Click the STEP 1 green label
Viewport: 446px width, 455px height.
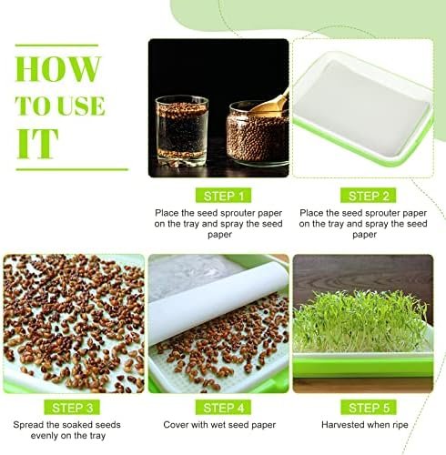(x=223, y=196)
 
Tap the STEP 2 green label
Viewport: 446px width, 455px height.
(x=368, y=196)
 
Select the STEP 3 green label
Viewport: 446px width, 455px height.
(x=72, y=408)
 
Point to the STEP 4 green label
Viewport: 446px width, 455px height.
(x=223, y=408)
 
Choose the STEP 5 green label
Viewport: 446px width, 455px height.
(x=369, y=408)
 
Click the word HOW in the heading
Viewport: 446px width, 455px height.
(x=57, y=69)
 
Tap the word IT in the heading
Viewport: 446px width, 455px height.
(x=37, y=144)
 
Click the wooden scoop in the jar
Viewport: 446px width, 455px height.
(x=269, y=104)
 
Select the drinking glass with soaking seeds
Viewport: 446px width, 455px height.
(x=181, y=131)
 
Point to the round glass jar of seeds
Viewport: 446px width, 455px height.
(x=258, y=134)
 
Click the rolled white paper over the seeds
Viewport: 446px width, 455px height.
(x=218, y=304)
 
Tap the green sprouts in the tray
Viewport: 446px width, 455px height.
(x=361, y=321)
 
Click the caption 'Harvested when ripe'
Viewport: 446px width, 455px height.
(x=365, y=425)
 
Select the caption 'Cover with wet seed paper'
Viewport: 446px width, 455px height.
(x=219, y=425)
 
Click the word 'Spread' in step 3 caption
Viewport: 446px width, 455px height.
(x=28, y=425)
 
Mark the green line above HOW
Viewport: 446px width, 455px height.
(x=56, y=45)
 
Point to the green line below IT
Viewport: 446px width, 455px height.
(x=72, y=169)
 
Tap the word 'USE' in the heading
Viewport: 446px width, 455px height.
(x=81, y=106)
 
